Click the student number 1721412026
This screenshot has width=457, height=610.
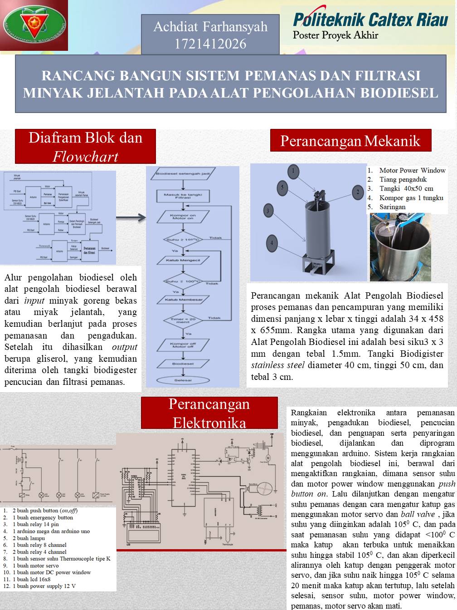point(210,44)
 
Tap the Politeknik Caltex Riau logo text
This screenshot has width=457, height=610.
point(370,20)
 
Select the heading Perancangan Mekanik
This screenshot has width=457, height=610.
point(350,141)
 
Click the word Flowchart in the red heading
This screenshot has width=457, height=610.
point(85,157)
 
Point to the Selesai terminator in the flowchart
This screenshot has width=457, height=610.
point(183,380)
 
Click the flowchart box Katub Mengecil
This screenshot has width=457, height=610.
point(183,261)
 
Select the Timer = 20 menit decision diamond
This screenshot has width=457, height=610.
point(183,320)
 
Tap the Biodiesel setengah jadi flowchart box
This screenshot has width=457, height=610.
point(183,173)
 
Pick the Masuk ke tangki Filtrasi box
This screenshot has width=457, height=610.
point(183,196)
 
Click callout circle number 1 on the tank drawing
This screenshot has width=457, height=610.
point(293,171)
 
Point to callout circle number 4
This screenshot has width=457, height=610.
point(272,243)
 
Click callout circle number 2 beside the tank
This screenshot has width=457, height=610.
point(357,192)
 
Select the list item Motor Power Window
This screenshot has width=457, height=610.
point(412,171)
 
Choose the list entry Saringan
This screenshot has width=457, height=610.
point(392,207)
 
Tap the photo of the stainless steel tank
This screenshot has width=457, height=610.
point(400,247)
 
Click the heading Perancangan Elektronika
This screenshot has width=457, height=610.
point(209,413)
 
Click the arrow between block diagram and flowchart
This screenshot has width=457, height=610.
point(131,218)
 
